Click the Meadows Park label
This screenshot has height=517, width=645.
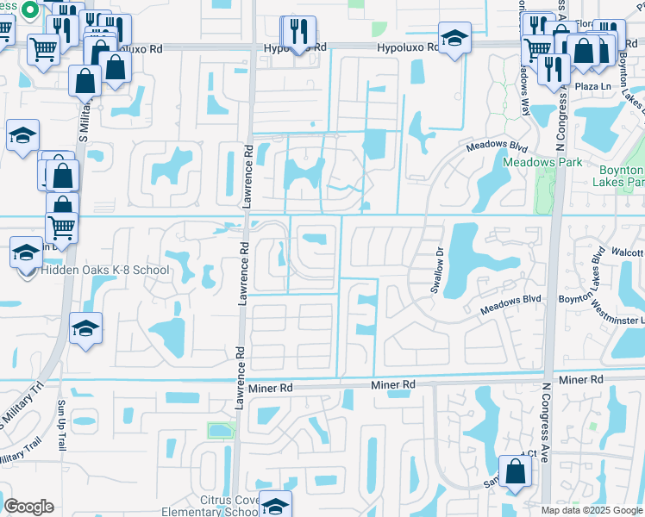[542, 161]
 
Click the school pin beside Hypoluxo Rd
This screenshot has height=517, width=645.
[454, 38]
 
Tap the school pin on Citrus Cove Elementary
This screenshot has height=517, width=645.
[275, 504]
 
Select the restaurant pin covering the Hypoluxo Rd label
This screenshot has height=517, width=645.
[298, 32]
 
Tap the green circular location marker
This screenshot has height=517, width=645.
[28, 10]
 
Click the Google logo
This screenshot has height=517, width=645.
[28, 507]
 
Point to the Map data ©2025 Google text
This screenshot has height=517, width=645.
[591, 510]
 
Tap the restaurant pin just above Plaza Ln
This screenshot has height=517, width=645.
[554, 68]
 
